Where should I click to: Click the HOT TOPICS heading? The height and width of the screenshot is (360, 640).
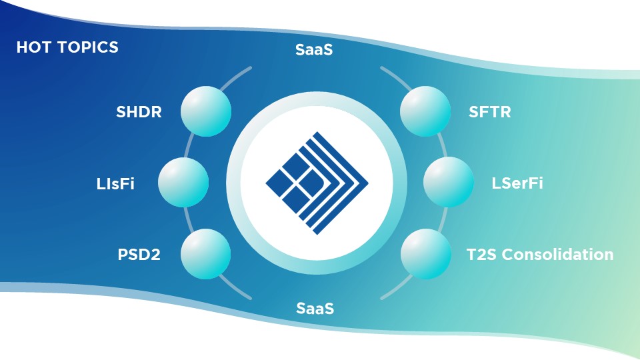pyautogui.click(x=67, y=48)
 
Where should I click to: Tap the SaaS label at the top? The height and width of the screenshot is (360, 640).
pyautogui.click(x=314, y=50)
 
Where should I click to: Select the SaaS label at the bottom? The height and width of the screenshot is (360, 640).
pyautogui.click(x=315, y=309)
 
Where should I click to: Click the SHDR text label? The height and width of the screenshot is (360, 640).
pyautogui.click(x=139, y=112)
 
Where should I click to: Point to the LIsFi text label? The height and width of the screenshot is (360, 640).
pyautogui.click(x=115, y=183)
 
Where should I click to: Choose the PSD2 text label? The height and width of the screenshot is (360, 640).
pyautogui.click(x=137, y=255)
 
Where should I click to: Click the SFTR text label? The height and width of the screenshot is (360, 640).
pyautogui.click(x=490, y=112)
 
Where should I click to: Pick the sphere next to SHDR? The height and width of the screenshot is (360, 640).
pyautogui.click(x=206, y=111)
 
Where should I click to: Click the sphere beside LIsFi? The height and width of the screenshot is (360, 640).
pyautogui.click(x=183, y=183)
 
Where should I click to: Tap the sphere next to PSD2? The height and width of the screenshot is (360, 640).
pyautogui.click(x=206, y=254)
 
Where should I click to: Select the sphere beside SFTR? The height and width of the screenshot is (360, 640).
pyautogui.click(x=424, y=111)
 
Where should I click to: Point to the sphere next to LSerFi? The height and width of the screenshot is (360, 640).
pyautogui.click(x=448, y=183)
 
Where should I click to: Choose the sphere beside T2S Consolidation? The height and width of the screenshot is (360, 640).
pyautogui.click(x=425, y=254)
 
